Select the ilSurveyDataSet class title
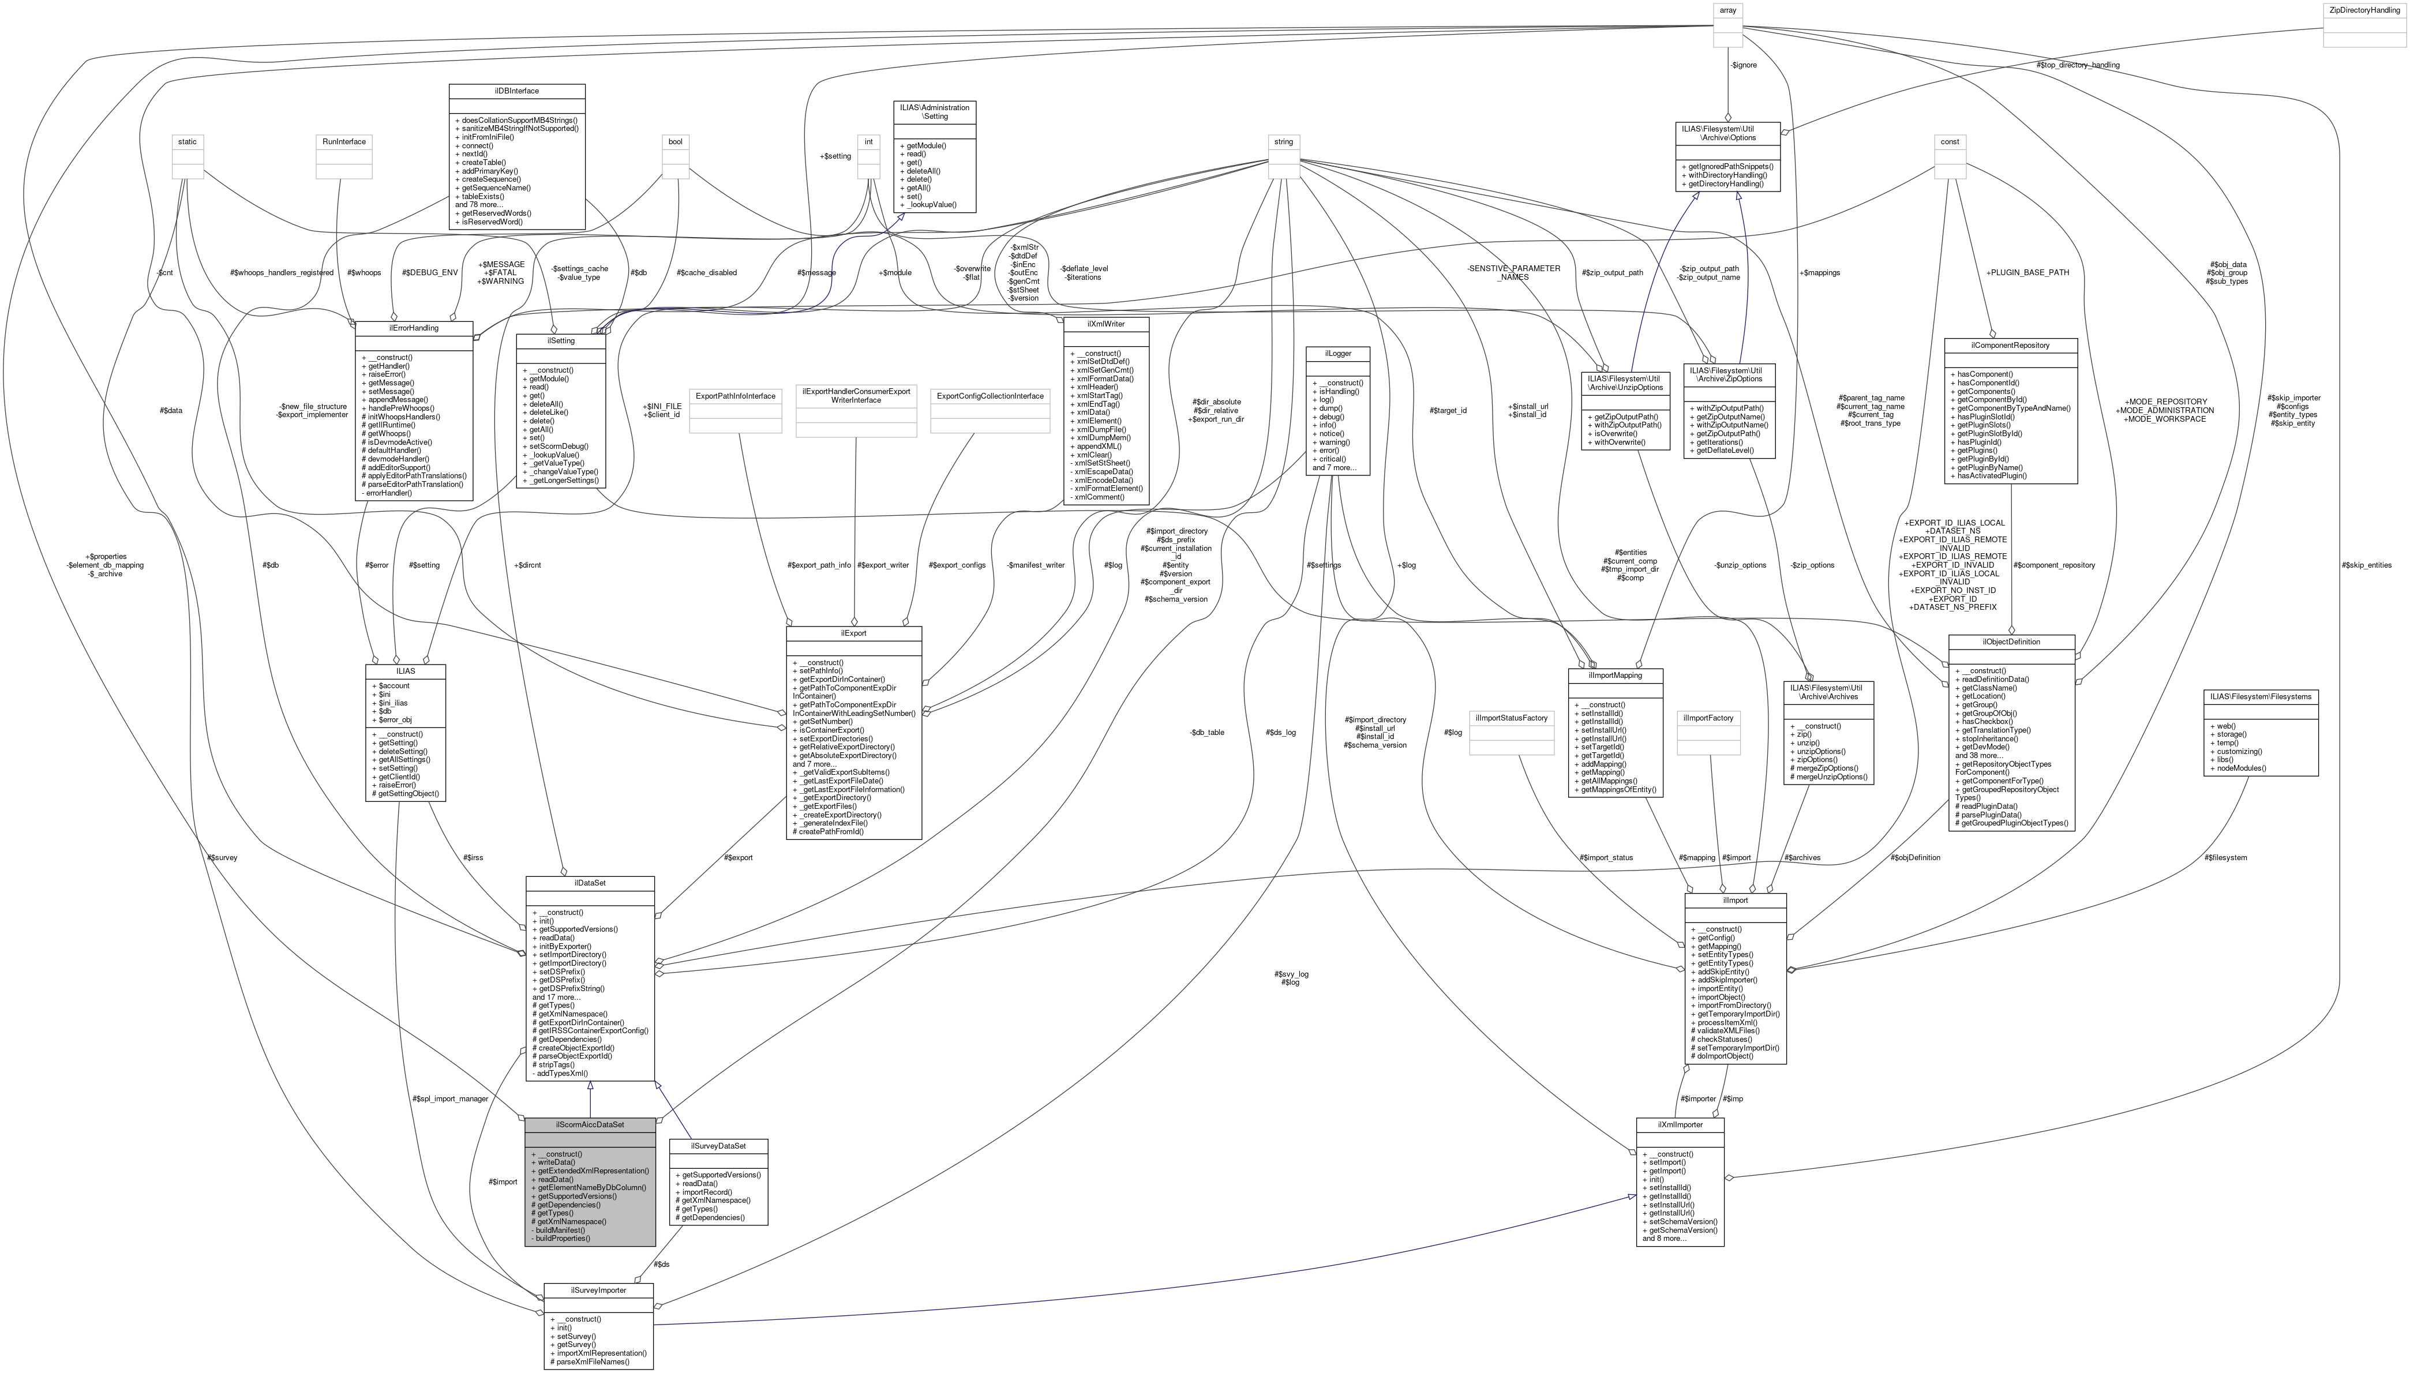click(x=718, y=1146)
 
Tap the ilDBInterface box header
click(x=517, y=91)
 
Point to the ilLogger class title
click(x=1337, y=354)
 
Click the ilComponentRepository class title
click(x=2010, y=345)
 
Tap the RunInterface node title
click(x=343, y=141)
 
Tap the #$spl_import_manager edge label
click(x=450, y=1098)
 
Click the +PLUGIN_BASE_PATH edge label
click(x=2027, y=272)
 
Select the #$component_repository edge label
click(x=2053, y=565)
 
